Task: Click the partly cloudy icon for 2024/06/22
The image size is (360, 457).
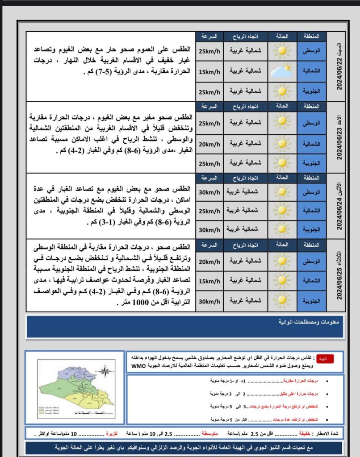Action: click(282, 71)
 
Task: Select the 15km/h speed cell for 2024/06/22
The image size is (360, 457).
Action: click(209, 71)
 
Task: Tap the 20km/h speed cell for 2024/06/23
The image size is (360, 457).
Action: click(209, 144)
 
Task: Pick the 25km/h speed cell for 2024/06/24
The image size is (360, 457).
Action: click(209, 210)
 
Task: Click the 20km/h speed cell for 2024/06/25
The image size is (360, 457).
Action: click(209, 262)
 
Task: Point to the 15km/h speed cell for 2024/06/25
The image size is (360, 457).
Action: click(209, 282)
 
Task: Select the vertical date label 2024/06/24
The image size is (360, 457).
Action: click(340, 206)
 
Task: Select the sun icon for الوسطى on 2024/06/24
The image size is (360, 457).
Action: click(282, 192)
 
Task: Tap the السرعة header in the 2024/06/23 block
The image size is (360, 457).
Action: click(209, 106)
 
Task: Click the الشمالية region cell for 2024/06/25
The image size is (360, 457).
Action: click(312, 282)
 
